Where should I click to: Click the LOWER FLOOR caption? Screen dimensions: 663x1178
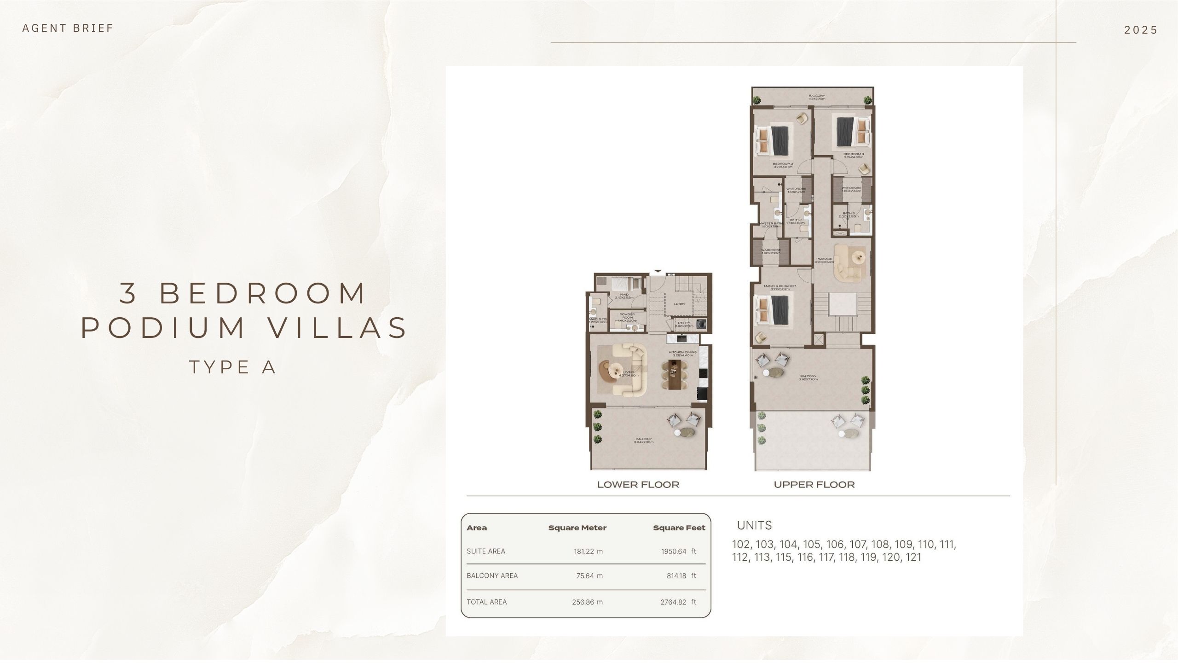pyautogui.click(x=638, y=484)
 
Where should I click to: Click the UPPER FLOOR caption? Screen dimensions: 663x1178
pyautogui.click(x=814, y=484)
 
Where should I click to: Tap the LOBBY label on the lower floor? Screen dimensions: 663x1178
pyautogui.click(x=679, y=304)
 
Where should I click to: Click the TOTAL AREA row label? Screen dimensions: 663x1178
pyautogui.click(x=486, y=602)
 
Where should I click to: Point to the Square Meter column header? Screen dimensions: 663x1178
pyautogui.click(x=577, y=528)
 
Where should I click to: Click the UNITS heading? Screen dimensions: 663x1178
pyautogui.click(x=754, y=525)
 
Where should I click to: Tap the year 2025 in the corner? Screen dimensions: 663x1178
pyautogui.click(x=1140, y=30)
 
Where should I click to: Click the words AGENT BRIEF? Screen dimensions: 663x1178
pyautogui.click(x=67, y=28)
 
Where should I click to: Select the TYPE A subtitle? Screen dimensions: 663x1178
pyautogui.click(x=232, y=367)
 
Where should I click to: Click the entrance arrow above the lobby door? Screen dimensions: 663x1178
pyautogui.click(x=658, y=271)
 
